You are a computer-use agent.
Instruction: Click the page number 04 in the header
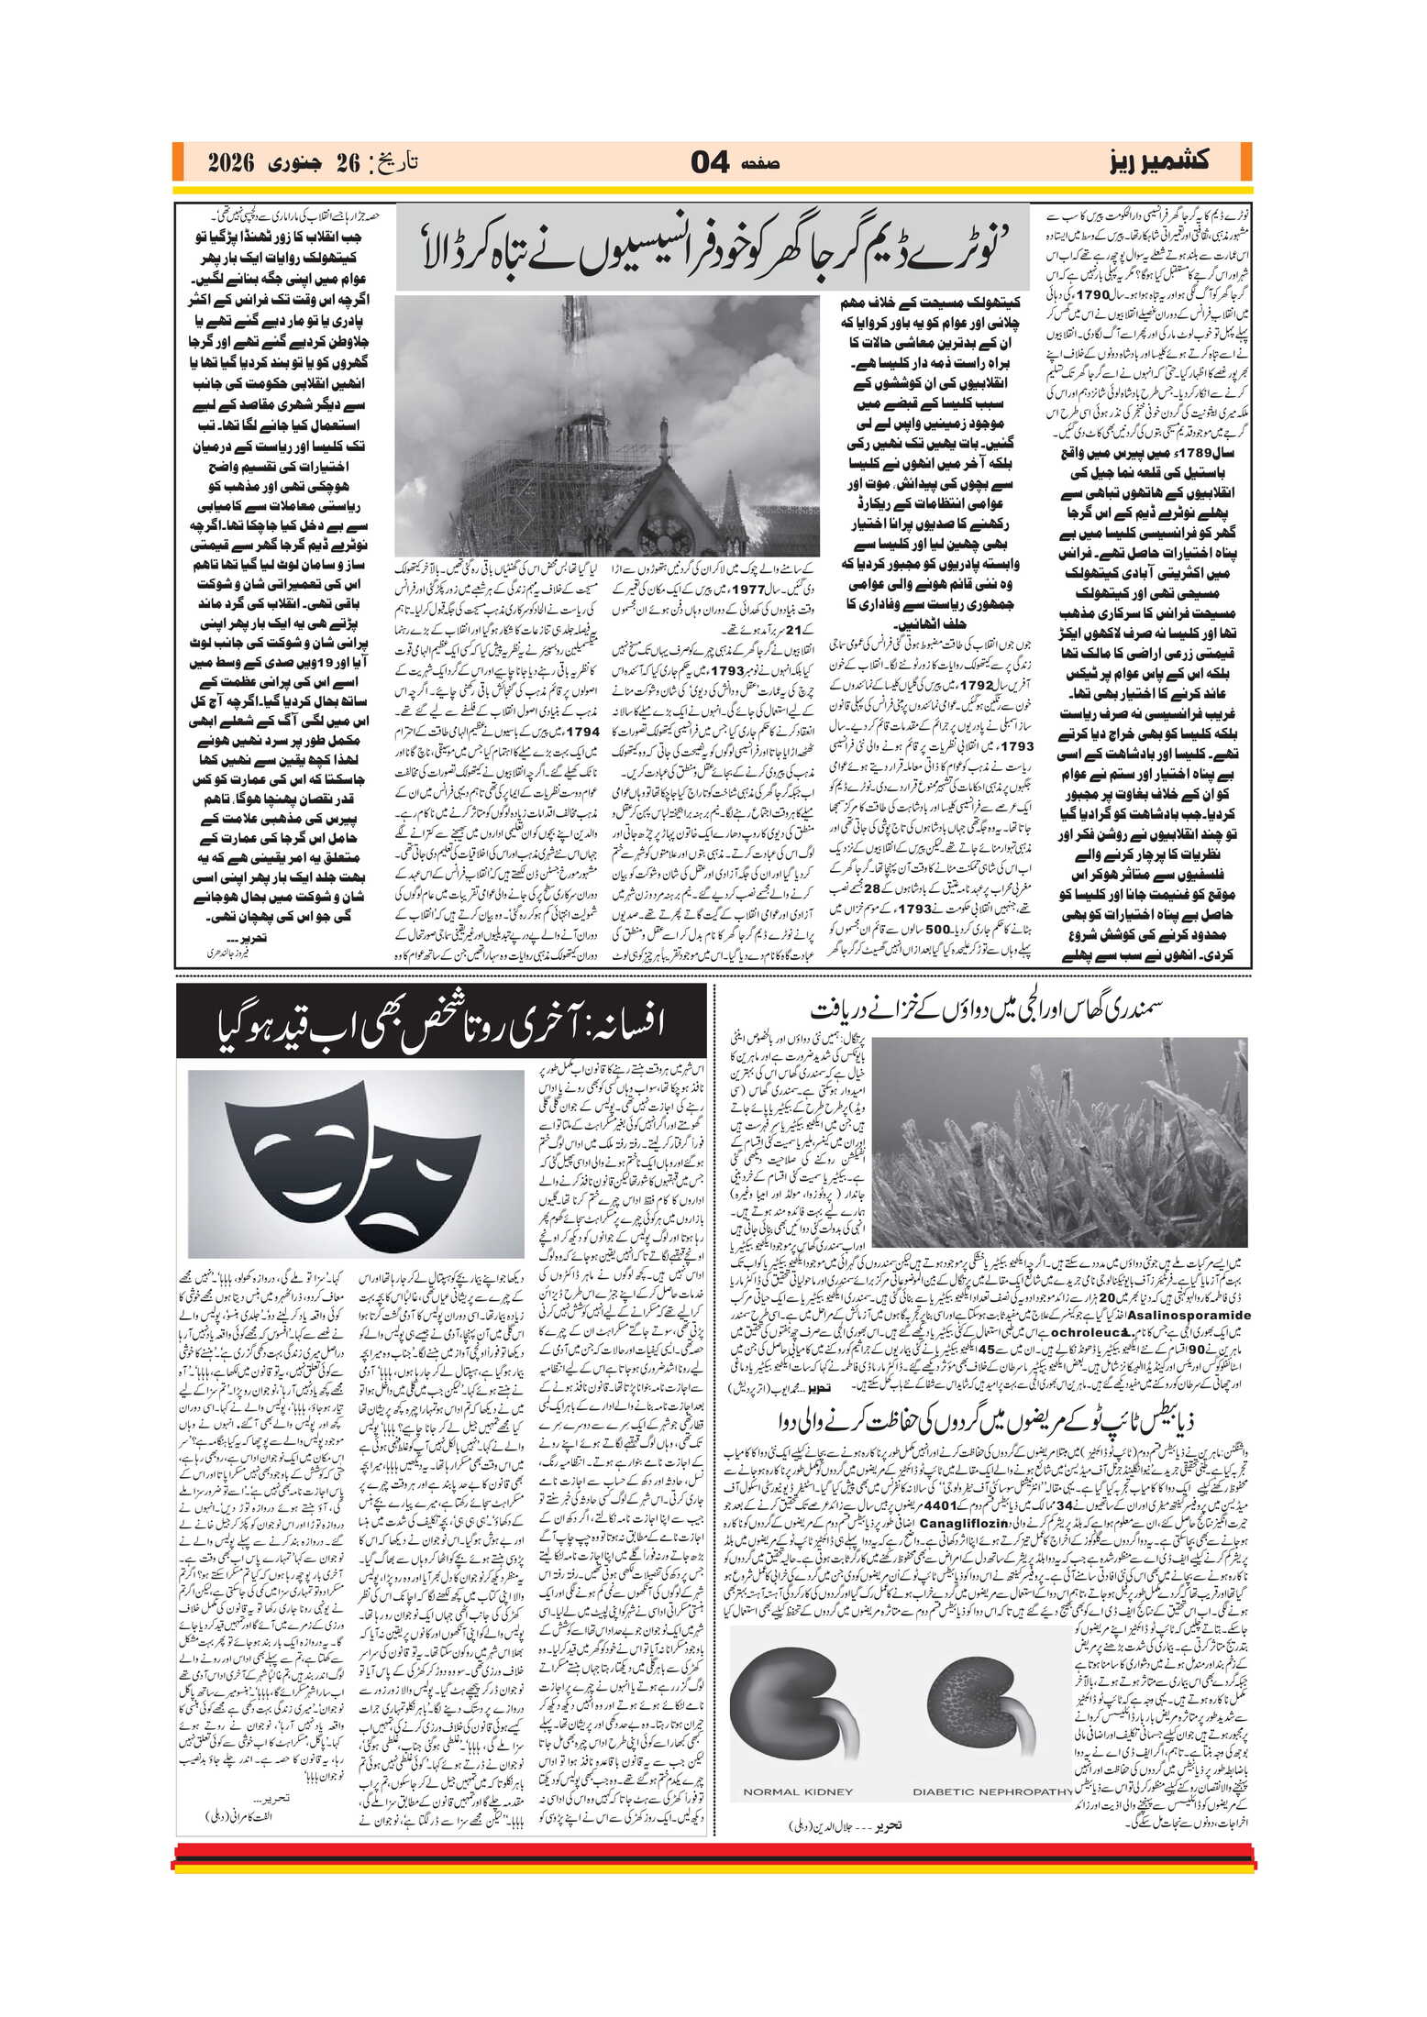point(710,163)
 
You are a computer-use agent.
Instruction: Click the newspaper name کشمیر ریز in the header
point(1159,162)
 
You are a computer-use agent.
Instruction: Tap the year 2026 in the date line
point(229,164)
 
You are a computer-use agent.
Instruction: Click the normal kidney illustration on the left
point(794,1706)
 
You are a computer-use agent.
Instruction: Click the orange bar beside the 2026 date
point(177,162)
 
